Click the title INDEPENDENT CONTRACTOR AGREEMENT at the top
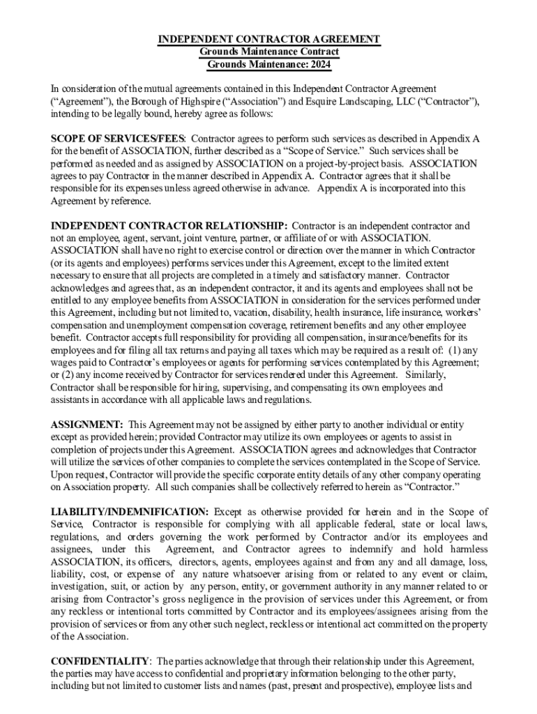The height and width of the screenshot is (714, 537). [x=268, y=39]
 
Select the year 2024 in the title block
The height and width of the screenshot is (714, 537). [x=317, y=65]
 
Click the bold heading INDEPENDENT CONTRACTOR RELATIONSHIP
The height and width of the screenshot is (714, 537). [x=169, y=226]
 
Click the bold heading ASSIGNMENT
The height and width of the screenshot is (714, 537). [x=87, y=425]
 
